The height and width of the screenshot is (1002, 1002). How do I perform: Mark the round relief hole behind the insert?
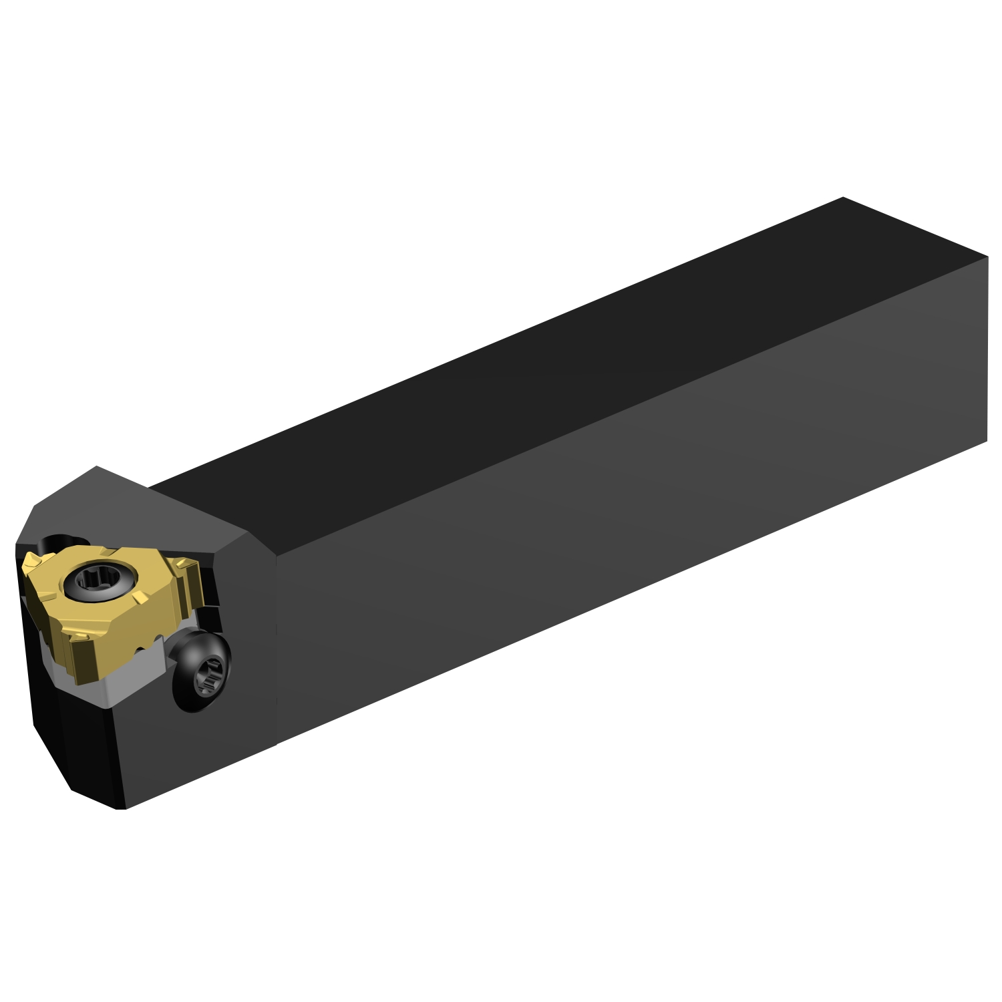[x=63, y=541]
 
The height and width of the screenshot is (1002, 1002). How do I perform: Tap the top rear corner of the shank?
[x=843, y=198]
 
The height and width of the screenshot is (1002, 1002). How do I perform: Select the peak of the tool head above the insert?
[x=98, y=467]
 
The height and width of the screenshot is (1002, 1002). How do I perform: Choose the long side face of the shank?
[x=601, y=534]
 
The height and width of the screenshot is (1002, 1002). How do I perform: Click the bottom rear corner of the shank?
[x=986, y=441]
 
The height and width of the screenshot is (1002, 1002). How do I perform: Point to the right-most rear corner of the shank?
[x=987, y=256]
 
